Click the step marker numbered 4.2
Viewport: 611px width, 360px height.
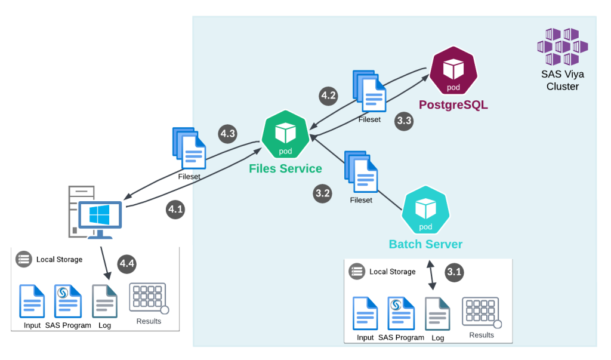click(x=329, y=96)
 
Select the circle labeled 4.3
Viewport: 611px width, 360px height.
click(x=227, y=134)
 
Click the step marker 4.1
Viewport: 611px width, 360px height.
click(x=175, y=210)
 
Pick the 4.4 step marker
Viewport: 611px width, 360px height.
click(x=127, y=263)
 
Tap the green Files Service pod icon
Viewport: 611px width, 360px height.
click(x=285, y=135)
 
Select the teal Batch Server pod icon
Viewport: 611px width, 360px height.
click(x=425, y=210)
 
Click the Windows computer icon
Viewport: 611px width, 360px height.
click(x=95, y=215)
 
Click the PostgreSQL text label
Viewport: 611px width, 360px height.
click(x=453, y=105)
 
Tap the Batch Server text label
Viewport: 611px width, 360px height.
click(x=425, y=244)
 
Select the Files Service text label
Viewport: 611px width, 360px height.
click(x=285, y=168)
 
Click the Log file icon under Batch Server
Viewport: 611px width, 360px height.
click(x=437, y=313)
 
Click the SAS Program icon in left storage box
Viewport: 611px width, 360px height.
click(x=68, y=301)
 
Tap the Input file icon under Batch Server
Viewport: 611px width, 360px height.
click(x=365, y=313)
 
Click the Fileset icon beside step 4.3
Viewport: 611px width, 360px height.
click(x=190, y=149)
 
